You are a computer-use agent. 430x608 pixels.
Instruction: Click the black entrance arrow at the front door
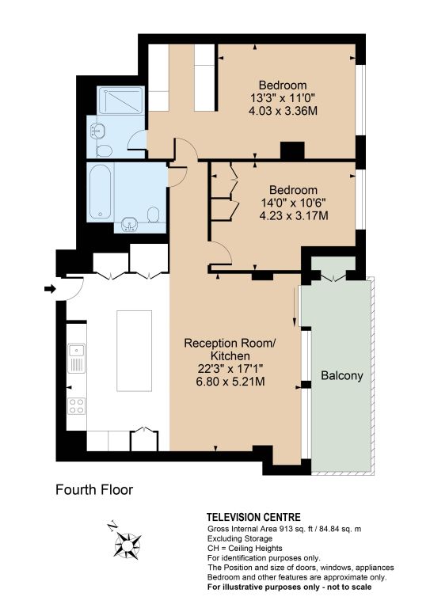(x=50, y=289)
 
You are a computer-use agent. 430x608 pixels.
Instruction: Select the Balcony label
(x=342, y=376)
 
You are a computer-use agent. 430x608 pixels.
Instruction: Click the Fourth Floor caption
(x=94, y=490)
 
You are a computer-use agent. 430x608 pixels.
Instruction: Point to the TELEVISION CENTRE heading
(x=253, y=517)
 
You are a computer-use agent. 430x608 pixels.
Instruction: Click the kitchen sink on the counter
(x=76, y=359)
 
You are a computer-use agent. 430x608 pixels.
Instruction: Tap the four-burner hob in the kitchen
(x=76, y=405)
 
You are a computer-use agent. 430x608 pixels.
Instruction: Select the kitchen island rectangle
(x=134, y=351)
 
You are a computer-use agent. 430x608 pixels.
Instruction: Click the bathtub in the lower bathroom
(x=100, y=192)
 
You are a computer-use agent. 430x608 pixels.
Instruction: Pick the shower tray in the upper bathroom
(x=120, y=101)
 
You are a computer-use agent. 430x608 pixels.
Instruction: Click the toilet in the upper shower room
(x=104, y=150)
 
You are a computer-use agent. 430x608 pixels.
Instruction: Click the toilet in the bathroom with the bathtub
(x=154, y=215)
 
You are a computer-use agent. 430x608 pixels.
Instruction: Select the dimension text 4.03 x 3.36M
(x=283, y=111)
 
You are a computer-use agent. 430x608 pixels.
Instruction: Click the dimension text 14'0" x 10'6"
(x=294, y=203)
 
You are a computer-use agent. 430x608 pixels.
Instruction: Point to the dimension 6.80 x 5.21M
(x=230, y=382)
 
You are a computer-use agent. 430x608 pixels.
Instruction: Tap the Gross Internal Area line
(x=284, y=529)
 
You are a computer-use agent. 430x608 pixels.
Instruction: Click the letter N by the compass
(x=112, y=526)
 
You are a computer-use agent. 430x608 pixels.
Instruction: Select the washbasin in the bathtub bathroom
(x=127, y=225)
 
